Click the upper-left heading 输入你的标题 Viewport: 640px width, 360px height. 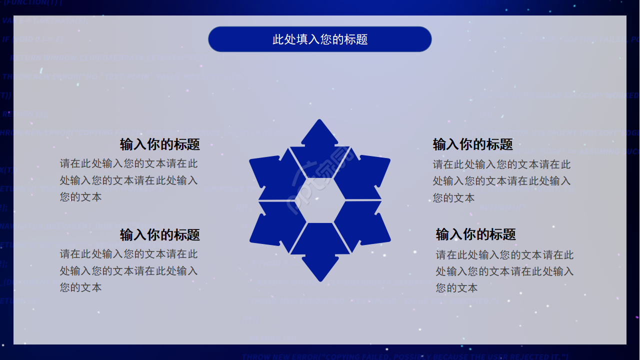point(159,144)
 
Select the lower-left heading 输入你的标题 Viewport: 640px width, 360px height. point(159,234)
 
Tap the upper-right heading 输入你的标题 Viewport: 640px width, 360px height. point(472,144)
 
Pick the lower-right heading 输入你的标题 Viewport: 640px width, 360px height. point(475,234)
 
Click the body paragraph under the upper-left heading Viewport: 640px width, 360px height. point(129,180)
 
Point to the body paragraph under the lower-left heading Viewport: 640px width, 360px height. point(129,270)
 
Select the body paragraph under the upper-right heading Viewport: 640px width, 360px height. point(501,181)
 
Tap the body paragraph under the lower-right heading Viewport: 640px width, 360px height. point(504,271)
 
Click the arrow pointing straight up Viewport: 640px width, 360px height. point(320,140)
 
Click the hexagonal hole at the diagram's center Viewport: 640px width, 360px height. point(320,199)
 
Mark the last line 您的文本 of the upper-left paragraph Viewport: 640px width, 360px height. point(80,197)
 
